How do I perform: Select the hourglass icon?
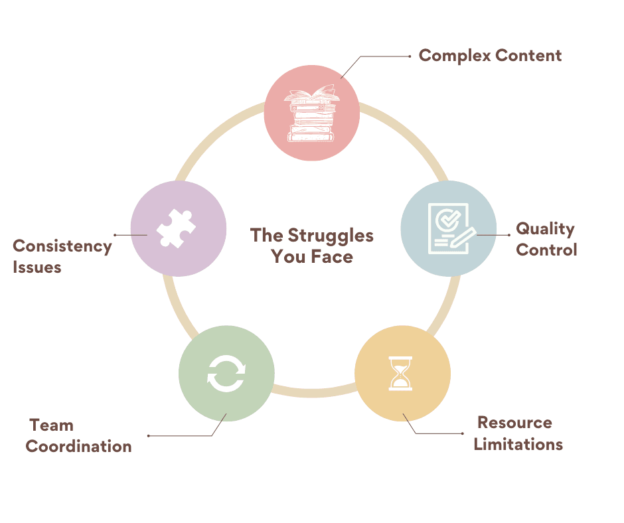tap(401, 373)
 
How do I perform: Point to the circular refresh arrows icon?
tap(226, 373)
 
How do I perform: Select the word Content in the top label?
tap(527, 56)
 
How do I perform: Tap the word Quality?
tap(545, 229)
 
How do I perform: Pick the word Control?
tap(546, 250)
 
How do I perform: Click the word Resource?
tap(514, 423)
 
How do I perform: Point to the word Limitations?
tap(518, 444)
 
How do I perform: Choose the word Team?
tap(52, 425)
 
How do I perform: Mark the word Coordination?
tap(78, 446)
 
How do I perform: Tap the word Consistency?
tap(62, 246)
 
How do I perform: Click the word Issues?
tap(37, 267)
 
